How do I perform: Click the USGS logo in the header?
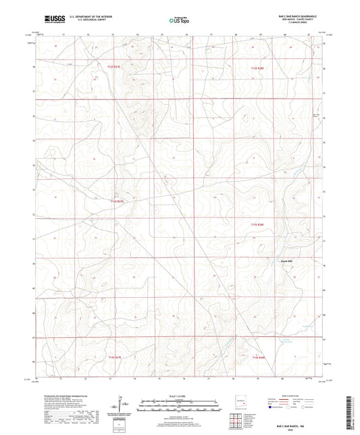point(54,20)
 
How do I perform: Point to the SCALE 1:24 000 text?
point(180,396)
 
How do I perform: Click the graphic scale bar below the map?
point(180,405)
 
